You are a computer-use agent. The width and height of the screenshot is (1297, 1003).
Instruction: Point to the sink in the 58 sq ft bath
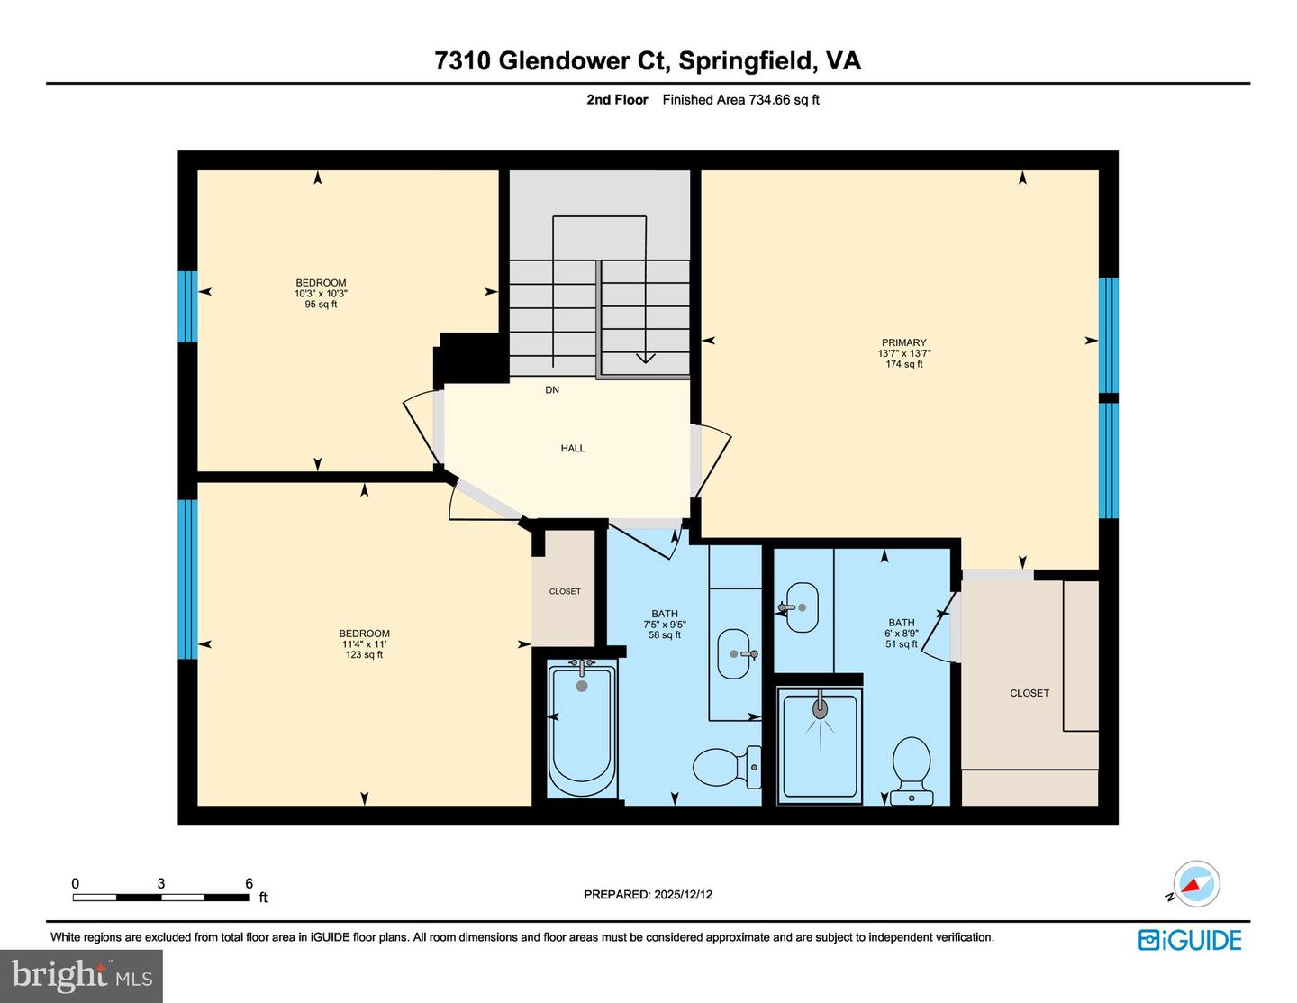point(735,653)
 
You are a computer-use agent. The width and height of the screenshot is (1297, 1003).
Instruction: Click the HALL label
point(573,448)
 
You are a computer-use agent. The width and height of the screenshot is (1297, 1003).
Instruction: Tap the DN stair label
point(552,390)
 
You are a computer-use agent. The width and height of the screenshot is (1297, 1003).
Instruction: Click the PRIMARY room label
point(903,342)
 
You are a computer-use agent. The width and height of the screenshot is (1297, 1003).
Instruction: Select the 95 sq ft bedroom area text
point(321,305)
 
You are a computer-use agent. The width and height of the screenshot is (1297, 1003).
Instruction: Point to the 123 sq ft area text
point(364,655)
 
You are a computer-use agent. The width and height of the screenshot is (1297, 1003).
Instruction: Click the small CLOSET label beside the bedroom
point(565,591)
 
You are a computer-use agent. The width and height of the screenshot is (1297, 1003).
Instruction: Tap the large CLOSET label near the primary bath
point(1029,693)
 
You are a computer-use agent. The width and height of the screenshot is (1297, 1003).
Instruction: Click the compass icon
point(1195,883)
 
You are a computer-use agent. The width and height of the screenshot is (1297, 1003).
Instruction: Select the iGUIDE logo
point(1189,940)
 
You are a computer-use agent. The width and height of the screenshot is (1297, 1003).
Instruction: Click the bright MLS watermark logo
point(81,976)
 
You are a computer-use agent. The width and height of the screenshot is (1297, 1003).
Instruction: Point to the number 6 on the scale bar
point(249,883)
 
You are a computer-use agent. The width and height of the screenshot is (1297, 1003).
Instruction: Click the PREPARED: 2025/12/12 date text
point(648,895)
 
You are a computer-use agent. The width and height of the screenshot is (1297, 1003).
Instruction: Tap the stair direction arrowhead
point(645,358)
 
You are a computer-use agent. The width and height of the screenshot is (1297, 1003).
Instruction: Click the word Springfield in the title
point(747,60)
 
